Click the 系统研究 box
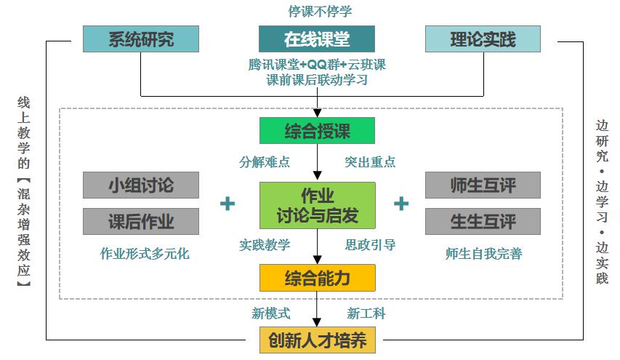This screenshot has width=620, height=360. [141, 39]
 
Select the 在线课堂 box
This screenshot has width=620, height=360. [317, 39]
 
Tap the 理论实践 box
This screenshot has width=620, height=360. [483, 39]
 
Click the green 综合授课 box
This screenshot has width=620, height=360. [317, 131]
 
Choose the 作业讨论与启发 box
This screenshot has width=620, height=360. [317, 205]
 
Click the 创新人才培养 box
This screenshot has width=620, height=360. [317, 340]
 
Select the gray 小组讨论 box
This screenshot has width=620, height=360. [141, 185]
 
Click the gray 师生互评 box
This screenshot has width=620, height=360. [483, 185]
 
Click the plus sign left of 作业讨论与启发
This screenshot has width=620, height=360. [228, 204]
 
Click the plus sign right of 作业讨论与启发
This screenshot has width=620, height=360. [401, 204]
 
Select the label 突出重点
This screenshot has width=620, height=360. [370, 161]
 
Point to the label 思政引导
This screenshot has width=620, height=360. [370, 245]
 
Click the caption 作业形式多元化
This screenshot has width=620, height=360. [145, 254]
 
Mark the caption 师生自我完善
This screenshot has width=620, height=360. [483, 254]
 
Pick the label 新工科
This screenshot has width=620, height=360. [366, 313]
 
